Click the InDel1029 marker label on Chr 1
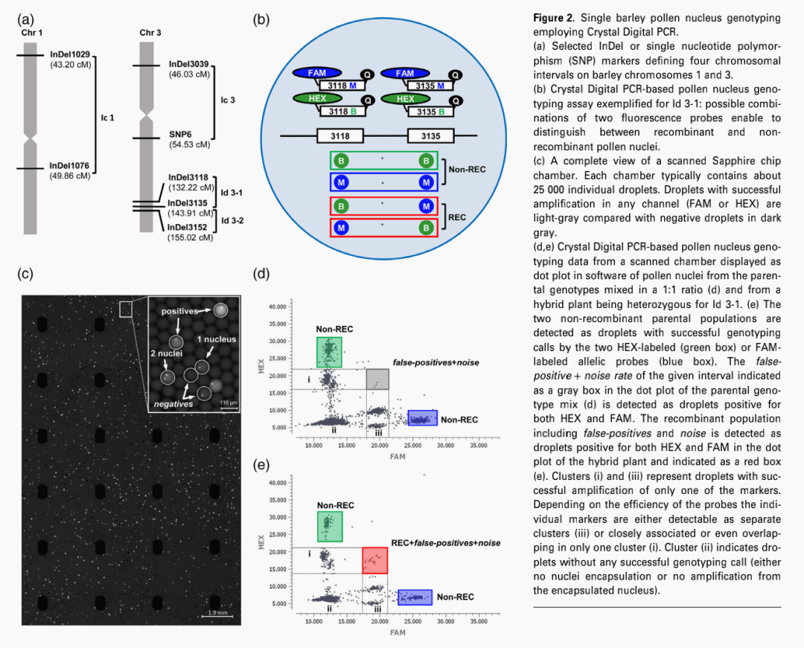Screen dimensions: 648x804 pyautogui.click(x=70, y=55)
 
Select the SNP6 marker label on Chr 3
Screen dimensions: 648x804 pyautogui.click(x=180, y=134)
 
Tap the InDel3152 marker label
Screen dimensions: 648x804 pyautogui.click(x=190, y=228)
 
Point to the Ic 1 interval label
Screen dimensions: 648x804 pyautogui.click(x=107, y=118)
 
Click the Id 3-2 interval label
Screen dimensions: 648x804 pyautogui.click(x=232, y=220)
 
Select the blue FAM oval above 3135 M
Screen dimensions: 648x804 pyautogui.click(x=404, y=74)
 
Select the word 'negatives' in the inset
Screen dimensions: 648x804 pyautogui.click(x=173, y=403)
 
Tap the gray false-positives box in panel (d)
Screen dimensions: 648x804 pyautogui.click(x=377, y=378)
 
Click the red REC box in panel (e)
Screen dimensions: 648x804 pyautogui.click(x=375, y=560)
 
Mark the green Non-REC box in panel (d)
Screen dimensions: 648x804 pyautogui.click(x=329, y=352)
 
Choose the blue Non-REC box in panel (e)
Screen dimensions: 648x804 pyautogui.click(x=415, y=597)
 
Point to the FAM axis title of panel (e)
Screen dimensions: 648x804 pyautogui.click(x=398, y=632)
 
